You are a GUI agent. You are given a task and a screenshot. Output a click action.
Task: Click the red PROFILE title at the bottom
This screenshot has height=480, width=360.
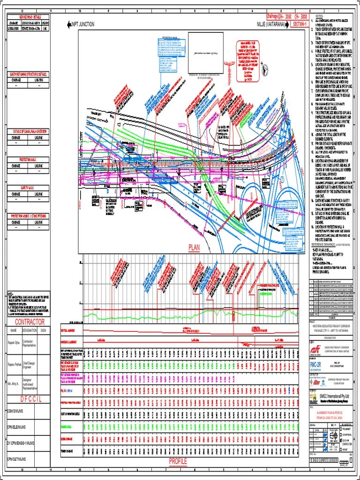[178, 462]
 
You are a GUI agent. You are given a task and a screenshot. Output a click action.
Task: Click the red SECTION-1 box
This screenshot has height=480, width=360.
[300, 24]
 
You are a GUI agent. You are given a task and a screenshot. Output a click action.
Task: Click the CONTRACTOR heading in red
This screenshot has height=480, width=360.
[30, 322]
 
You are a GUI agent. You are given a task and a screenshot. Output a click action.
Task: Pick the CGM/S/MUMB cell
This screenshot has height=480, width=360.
[15, 411]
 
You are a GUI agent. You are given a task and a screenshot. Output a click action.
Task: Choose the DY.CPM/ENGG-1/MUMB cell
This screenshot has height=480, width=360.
[21, 442]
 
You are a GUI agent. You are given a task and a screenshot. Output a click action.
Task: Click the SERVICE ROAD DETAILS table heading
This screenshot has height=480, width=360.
[29, 17]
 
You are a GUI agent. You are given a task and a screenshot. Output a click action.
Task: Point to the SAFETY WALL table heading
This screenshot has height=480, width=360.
[29, 187]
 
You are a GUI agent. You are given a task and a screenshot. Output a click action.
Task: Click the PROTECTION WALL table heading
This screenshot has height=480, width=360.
[29, 159]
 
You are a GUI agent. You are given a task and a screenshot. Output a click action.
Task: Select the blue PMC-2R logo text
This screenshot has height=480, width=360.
[317, 364]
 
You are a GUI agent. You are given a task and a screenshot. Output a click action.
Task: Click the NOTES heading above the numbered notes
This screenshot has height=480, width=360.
[319, 17]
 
